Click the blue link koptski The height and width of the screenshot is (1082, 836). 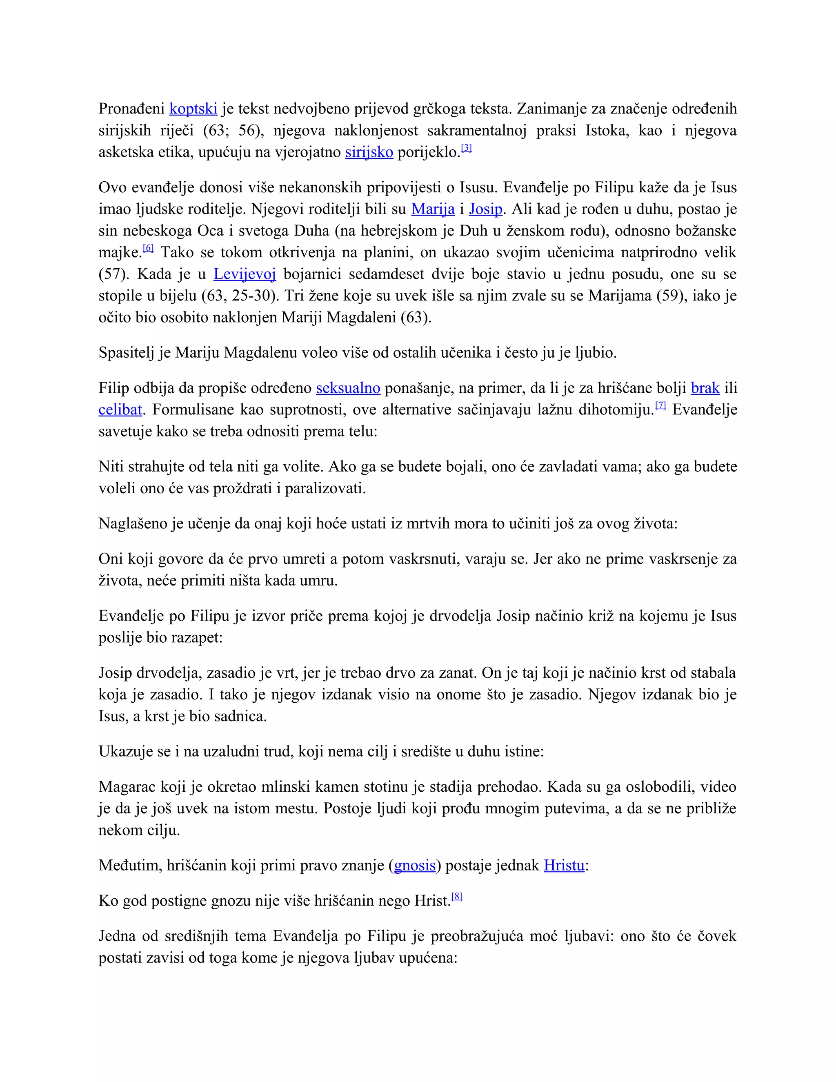tap(193, 109)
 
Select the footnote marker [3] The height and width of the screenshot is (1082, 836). tap(466, 148)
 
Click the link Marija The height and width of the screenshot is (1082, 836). tap(433, 209)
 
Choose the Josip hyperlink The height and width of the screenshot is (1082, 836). tap(485, 209)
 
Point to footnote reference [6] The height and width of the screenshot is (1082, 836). tap(148, 248)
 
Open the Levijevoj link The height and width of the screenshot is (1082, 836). tap(245, 274)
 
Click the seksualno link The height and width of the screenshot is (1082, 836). tap(348, 388)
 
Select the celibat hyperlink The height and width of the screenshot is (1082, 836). tap(120, 410)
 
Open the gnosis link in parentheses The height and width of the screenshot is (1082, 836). tap(415, 866)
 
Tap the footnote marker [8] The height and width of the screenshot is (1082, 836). tap(457, 897)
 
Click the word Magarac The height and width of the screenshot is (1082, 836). tap(127, 787)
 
